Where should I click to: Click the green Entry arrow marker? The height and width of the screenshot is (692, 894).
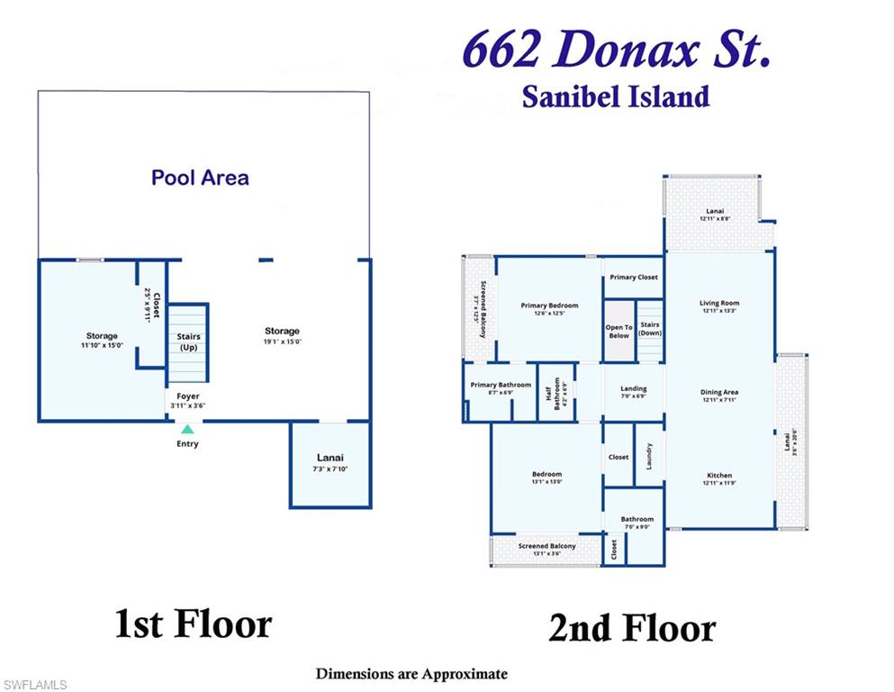click(187, 430)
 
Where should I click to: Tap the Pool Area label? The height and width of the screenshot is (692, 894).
click(200, 178)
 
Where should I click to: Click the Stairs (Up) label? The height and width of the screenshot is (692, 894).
click(188, 341)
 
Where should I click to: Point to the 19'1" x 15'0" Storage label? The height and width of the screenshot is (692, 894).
click(282, 336)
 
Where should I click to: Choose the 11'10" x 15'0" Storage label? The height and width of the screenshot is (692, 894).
click(102, 341)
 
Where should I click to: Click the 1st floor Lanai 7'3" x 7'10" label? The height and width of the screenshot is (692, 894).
click(330, 462)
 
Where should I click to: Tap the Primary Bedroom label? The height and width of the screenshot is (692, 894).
click(549, 309)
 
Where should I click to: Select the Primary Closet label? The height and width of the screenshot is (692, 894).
click(634, 278)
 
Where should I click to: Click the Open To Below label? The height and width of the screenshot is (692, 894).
click(619, 332)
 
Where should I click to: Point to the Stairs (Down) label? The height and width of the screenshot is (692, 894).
click(650, 329)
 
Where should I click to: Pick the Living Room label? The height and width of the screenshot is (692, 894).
click(719, 306)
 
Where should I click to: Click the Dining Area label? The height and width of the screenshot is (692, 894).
click(719, 396)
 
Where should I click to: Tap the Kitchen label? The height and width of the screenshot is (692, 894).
click(719, 479)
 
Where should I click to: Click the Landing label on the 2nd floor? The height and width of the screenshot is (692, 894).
click(634, 392)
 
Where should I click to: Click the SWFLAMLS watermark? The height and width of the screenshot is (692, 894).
click(34, 685)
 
